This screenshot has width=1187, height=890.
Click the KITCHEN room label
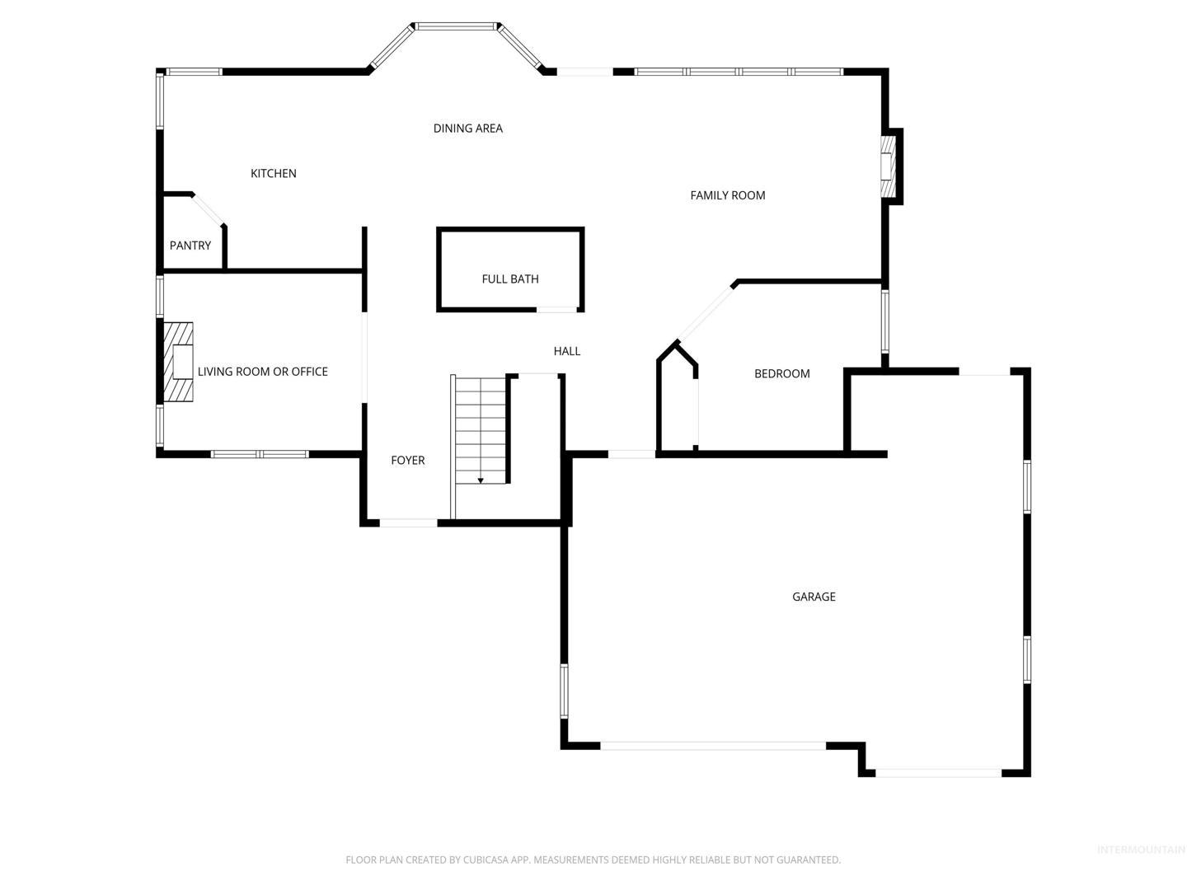pyautogui.click(x=273, y=173)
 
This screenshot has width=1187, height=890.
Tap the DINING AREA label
pyautogui.click(x=467, y=129)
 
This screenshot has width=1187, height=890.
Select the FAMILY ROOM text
pyautogui.click(x=727, y=195)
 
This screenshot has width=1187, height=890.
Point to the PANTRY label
pyautogui.click(x=190, y=246)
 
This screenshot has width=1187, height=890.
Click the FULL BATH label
pyautogui.click(x=510, y=279)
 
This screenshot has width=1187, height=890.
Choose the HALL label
pyautogui.click(x=567, y=351)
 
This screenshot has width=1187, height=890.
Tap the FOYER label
pyautogui.click(x=408, y=461)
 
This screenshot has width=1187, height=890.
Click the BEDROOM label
pyautogui.click(x=782, y=374)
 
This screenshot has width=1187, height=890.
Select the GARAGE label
pyautogui.click(x=814, y=597)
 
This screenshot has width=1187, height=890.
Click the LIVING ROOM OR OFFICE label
pyautogui.click(x=263, y=372)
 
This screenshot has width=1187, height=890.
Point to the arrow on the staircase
pyautogui.click(x=481, y=480)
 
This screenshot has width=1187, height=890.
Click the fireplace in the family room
pyautogui.click(x=888, y=166)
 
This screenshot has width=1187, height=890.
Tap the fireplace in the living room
pyautogui.click(x=178, y=362)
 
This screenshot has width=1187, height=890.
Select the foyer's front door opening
pyautogui.click(x=408, y=522)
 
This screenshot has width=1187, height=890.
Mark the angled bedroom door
pyautogui.click(x=706, y=313)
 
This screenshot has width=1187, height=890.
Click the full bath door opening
pyautogui.click(x=556, y=310)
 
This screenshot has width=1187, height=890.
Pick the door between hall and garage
pyautogui.click(x=631, y=454)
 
